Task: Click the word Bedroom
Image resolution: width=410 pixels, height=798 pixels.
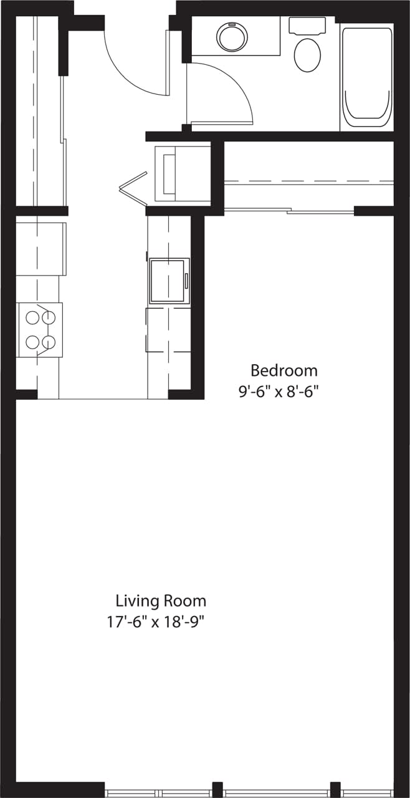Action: point(284,370)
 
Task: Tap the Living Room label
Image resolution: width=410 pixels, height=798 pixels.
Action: point(161,601)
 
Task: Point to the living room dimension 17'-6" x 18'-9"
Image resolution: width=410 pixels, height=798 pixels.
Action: point(156,622)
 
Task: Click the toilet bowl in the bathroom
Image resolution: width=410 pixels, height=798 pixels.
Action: point(307,54)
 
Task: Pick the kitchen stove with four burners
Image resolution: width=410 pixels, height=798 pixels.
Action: point(40,329)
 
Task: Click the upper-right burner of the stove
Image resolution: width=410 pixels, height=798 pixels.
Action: point(49,317)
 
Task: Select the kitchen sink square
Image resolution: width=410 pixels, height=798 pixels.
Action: point(168,280)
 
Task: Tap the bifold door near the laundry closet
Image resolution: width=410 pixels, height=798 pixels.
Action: point(134,187)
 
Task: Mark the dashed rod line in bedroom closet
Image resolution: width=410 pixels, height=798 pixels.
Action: point(308,181)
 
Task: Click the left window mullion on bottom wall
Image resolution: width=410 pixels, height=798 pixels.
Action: point(217,789)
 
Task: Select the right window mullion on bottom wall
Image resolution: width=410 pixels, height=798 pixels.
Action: point(335,789)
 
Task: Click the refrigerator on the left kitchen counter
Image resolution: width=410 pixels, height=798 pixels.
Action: point(41,249)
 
